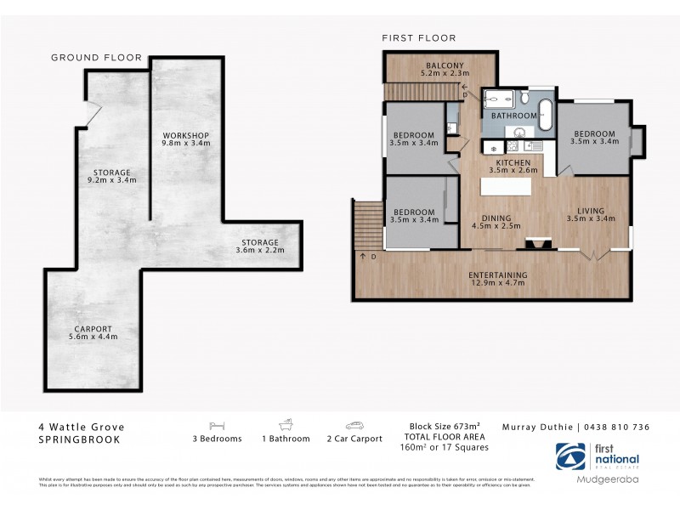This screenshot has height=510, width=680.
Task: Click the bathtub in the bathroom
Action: pos(545,115)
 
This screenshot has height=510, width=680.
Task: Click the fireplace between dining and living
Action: pos(534,243)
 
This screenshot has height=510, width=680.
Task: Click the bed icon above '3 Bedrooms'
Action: pos(217,425)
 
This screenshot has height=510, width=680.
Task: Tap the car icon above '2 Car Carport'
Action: pos(354,425)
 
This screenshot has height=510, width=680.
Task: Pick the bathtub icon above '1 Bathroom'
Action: pos(286,425)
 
